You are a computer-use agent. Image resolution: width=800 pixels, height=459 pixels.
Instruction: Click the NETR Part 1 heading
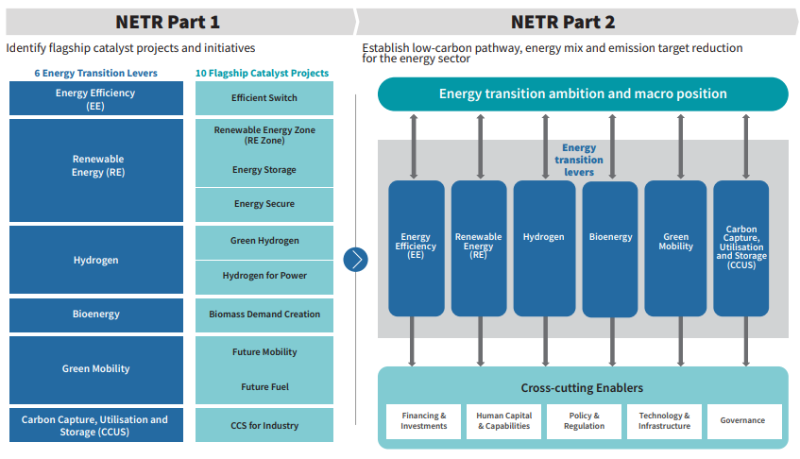pyautogui.click(x=167, y=22)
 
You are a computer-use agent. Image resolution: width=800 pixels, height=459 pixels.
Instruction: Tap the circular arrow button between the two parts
pyautogui.click(x=355, y=259)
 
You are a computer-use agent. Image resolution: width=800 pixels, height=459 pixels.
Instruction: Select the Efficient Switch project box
pyautogui.click(x=264, y=98)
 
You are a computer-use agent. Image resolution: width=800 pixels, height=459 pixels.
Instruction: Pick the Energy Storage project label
pyautogui.click(x=264, y=170)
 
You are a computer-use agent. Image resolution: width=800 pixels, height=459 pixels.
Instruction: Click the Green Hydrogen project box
pyautogui.click(x=264, y=241)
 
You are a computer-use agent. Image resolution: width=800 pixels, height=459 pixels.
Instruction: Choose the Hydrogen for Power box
pyautogui.click(x=264, y=276)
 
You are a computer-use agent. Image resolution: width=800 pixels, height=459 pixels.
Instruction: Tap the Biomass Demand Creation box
pyautogui.click(x=264, y=314)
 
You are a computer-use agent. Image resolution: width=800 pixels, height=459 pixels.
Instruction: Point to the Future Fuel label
pyautogui.click(x=264, y=386)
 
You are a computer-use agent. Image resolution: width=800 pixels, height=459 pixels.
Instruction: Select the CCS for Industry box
pyautogui.click(x=264, y=425)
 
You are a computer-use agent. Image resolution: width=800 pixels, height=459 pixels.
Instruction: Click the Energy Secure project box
pyautogui.click(x=264, y=204)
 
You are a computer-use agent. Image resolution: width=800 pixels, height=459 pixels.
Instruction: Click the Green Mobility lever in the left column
pyautogui.click(x=96, y=369)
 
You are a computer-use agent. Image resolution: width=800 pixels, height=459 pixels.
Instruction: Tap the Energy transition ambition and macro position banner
pyautogui.click(x=583, y=94)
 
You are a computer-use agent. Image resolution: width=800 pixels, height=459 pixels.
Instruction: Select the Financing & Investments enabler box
pyautogui.click(x=424, y=421)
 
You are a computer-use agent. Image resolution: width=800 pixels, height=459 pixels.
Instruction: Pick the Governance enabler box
pyautogui.click(x=742, y=421)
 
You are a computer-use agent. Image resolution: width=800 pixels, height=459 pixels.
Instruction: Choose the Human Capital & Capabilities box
pyautogui.click(x=504, y=421)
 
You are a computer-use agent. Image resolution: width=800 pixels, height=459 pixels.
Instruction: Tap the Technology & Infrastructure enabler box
pyautogui.click(x=664, y=421)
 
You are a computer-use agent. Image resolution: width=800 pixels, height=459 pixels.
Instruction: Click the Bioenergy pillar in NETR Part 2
pyautogui.click(x=610, y=247)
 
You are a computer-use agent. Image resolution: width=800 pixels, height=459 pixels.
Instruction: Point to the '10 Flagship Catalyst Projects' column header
pyautogui.click(x=262, y=73)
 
